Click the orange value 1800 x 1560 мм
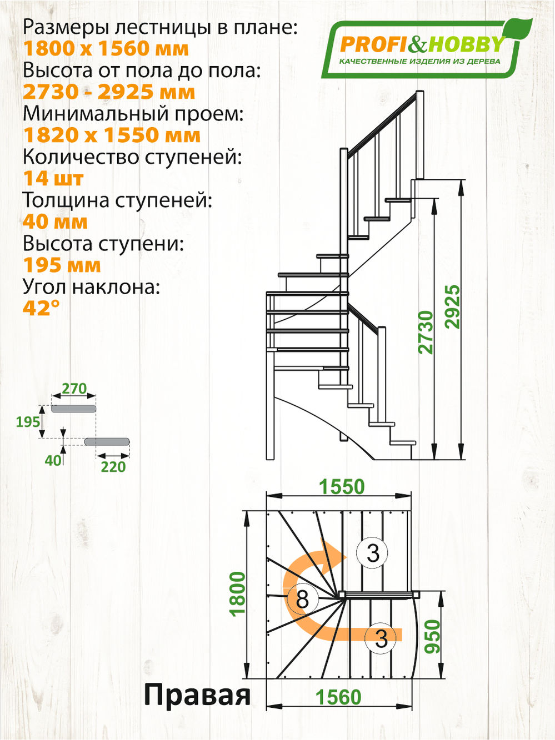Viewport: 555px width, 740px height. click(x=106, y=49)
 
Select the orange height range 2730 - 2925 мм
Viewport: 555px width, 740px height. click(x=109, y=92)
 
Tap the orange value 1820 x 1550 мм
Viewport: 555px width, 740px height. click(x=111, y=135)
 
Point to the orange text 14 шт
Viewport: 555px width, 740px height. click(x=53, y=179)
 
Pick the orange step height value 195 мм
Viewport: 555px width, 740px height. click(x=62, y=265)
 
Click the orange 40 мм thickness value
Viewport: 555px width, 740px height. click(x=55, y=222)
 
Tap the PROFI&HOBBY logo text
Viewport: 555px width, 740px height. click(x=421, y=44)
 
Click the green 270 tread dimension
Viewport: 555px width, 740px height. click(x=74, y=389)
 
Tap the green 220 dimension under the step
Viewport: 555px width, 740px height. click(x=113, y=467)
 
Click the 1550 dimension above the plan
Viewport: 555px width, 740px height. click(x=342, y=487)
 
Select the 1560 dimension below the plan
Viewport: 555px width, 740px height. click(x=338, y=697)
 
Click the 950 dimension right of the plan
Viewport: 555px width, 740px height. click(x=432, y=636)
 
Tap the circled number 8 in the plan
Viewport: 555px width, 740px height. click(x=302, y=599)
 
